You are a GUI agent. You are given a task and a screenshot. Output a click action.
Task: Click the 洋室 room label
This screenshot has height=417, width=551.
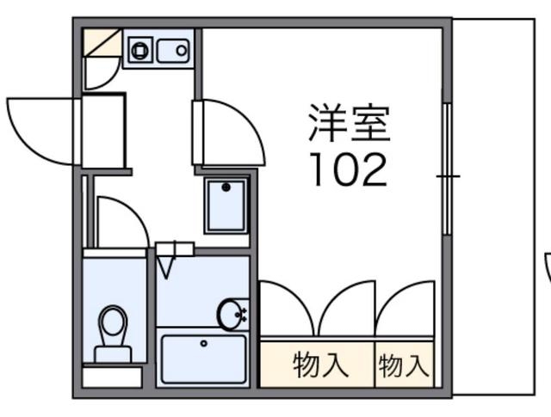pos(350,126)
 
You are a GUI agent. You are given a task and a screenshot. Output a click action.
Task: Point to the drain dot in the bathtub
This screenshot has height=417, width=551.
pos(204,343)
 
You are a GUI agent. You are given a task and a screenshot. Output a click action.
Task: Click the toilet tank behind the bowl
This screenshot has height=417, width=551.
pos(113,352)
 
